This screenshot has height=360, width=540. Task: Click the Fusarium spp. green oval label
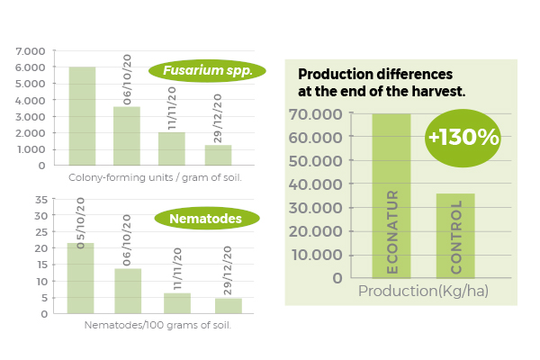[207, 70]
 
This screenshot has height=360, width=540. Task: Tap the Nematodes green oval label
[207, 219]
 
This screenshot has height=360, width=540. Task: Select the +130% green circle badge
[463, 138]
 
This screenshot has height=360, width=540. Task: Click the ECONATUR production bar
[391, 195]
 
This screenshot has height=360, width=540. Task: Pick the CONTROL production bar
[455, 236]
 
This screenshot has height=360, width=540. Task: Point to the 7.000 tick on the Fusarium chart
[31, 51]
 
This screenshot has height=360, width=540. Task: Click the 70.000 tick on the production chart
[316, 114]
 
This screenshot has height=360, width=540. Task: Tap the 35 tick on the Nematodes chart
[41, 200]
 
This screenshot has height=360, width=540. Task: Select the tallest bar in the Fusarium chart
[82, 116]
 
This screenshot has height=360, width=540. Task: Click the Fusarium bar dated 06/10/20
[127, 136]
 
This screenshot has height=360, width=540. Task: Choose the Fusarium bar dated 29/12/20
[218, 155]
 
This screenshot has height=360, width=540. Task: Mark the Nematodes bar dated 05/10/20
[80, 278]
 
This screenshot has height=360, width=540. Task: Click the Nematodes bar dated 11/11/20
[177, 303]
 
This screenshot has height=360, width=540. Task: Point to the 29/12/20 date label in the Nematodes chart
[228, 270]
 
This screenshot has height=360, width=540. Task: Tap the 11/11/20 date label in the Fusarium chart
[172, 108]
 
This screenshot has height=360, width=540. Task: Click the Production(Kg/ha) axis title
[423, 291]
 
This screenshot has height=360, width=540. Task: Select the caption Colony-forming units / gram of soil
[155, 178]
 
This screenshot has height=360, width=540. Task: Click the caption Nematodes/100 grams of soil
[157, 325]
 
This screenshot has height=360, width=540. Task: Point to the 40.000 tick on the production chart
[316, 184]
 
